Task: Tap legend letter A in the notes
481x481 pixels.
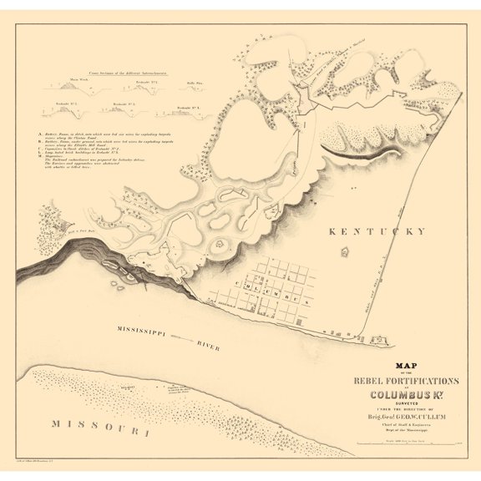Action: pos(41,134)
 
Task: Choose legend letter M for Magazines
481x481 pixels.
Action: pos(41,162)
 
